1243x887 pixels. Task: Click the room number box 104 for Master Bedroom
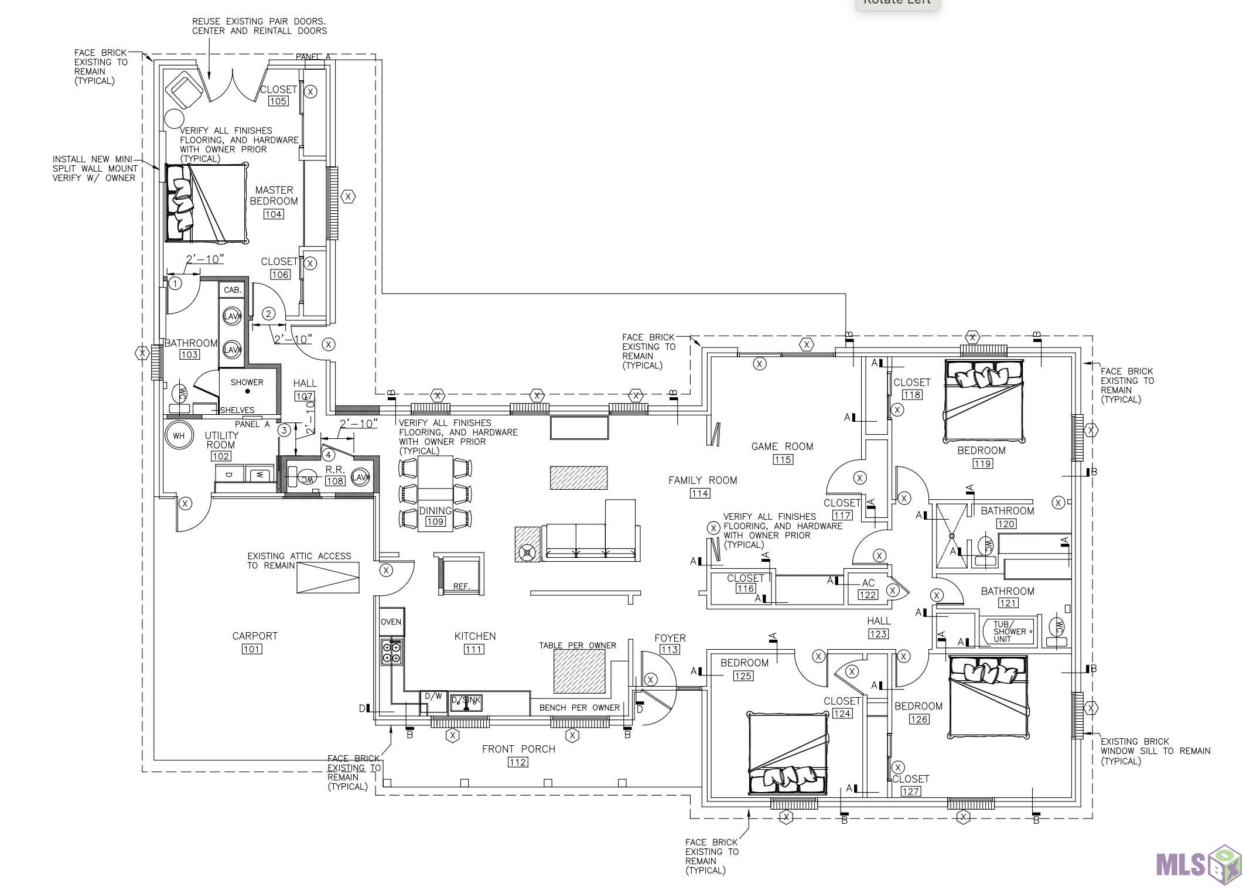(x=274, y=214)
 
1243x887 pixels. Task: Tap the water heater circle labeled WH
(x=179, y=435)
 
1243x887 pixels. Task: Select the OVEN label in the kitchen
(x=391, y=622)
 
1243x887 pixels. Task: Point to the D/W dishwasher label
(x=433, y=696)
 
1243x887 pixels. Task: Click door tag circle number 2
(x=268, y=314)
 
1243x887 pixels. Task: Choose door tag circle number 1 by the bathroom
(x=175, y=284)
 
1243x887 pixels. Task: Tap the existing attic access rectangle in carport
(x=327, y=578)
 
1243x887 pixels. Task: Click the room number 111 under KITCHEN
(x=474, y=649)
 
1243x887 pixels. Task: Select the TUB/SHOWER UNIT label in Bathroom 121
(x=1009, y=632)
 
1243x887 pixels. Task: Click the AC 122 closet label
(x=868, y=589)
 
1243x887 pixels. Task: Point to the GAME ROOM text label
(x=782, y=446)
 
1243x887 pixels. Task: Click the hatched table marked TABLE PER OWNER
(x=579, y=671)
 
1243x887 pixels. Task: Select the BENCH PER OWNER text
(x=579, y=708)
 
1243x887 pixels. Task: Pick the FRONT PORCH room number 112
(x=518, y=762)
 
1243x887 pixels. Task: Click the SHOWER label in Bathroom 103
(x=247, y=382)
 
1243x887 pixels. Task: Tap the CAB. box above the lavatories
(x=233, y=290)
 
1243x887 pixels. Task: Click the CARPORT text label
(x=255, y=636)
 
